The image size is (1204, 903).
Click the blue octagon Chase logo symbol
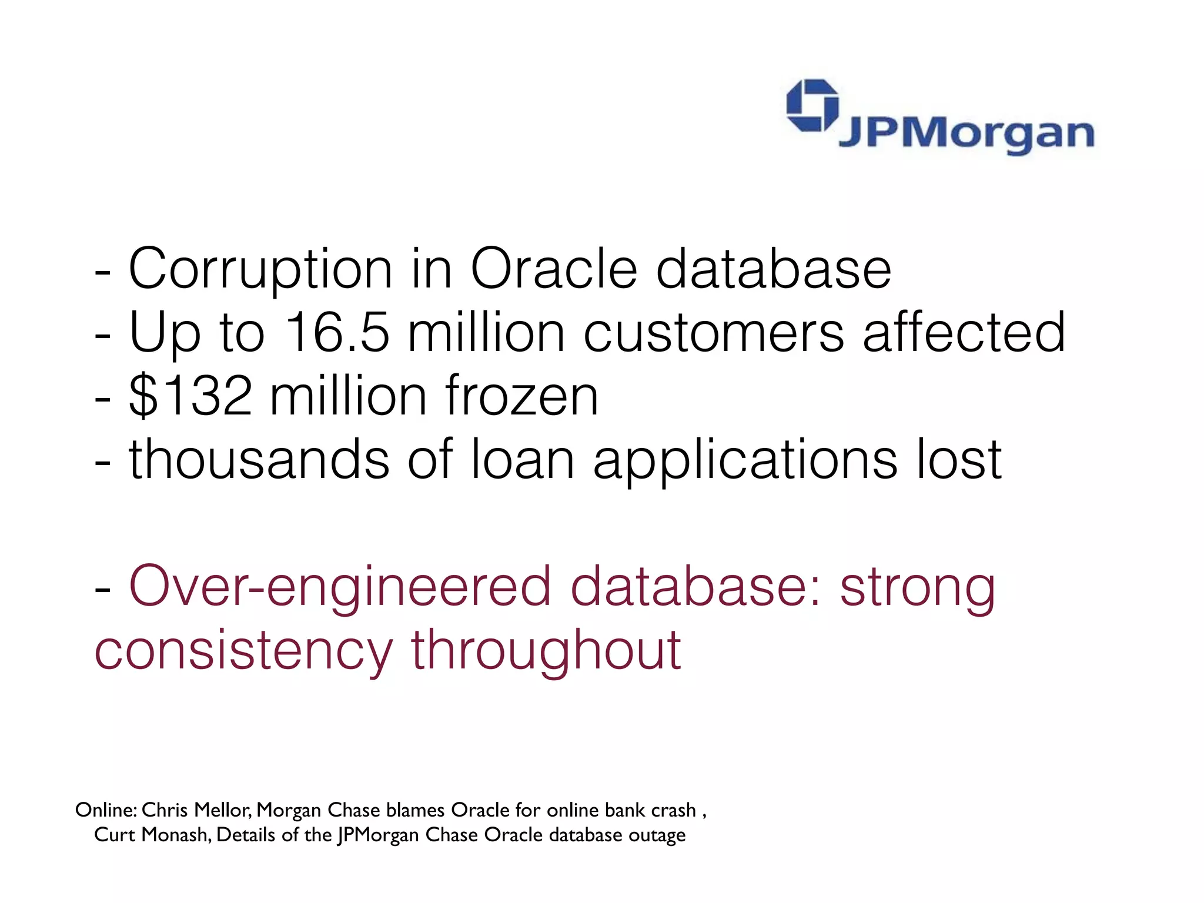[813, 105]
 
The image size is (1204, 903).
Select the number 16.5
[337, 333]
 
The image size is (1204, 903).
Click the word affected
[964, 333]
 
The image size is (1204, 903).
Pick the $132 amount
[191, 396]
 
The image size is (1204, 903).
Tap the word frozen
[521, 396]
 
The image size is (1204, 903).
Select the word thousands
[259, 459]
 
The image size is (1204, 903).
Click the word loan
[523, 459]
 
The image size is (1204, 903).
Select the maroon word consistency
[243, 650]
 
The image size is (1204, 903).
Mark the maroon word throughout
[546, 650]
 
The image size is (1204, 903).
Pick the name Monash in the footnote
[180, 835]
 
